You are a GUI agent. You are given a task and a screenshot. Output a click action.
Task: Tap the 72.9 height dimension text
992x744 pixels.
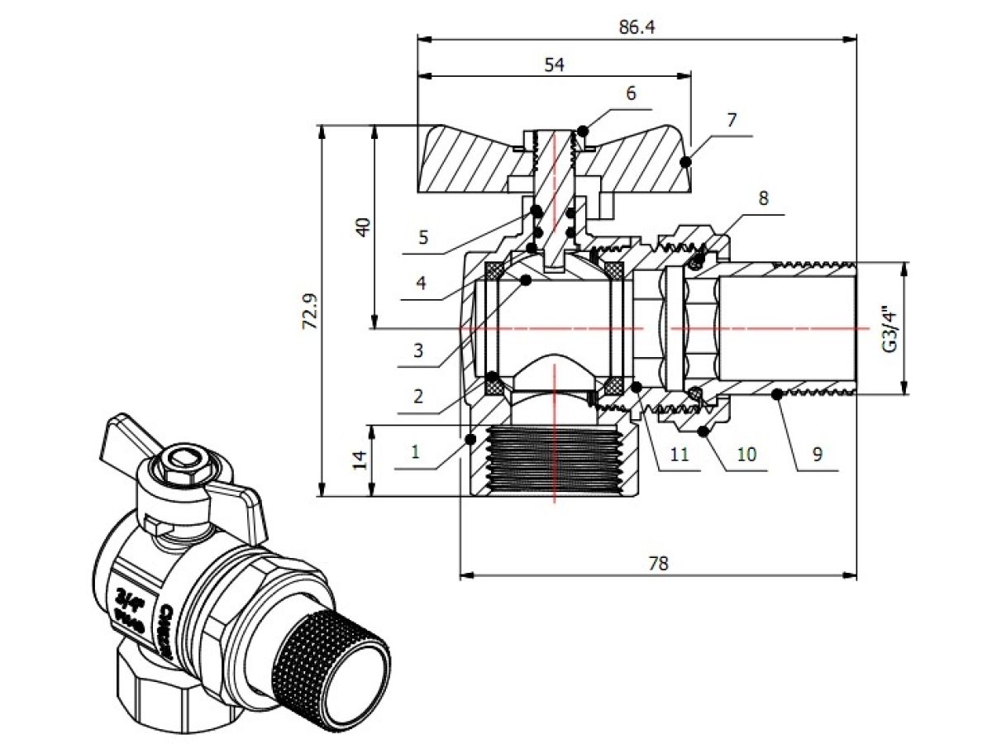tap(311, 312)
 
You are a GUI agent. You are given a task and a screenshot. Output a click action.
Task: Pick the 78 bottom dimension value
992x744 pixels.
tap(658, 564)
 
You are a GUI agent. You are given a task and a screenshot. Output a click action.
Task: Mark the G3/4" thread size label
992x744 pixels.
tap(889, 330)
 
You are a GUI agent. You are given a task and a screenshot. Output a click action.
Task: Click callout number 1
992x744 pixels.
tap(416, 453)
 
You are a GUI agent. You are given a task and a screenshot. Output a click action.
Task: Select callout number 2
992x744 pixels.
tap(418, 396)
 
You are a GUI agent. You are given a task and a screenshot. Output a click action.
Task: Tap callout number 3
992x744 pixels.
tap(418, 350)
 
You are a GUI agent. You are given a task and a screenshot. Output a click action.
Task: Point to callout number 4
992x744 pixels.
tap(421, 283)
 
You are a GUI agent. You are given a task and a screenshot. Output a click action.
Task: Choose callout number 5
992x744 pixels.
tap(423, 238)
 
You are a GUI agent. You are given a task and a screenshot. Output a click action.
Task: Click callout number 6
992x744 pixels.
tap(631, 93)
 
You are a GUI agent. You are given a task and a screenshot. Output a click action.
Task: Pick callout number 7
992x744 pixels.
tap(731, 120)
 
